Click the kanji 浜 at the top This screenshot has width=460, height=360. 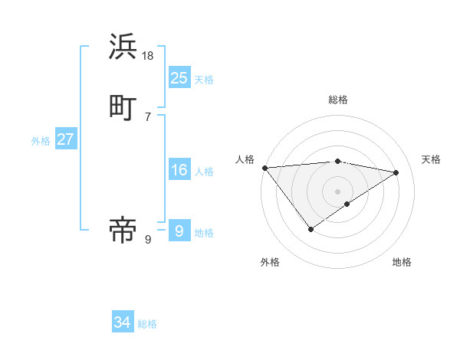click(123, 47)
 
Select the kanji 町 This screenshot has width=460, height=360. click(123, 108)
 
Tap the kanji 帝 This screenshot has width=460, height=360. click(123, 230)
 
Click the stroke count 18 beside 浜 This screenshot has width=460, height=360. click(148, 57)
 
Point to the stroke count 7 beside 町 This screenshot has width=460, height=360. click(147, 117)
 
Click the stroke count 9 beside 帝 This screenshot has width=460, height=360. click(147, 240)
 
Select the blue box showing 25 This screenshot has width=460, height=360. click(179, 77)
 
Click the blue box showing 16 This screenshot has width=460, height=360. click(179, 170)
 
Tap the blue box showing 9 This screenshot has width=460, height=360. click(179, 230)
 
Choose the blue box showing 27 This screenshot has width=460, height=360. click(65, 139)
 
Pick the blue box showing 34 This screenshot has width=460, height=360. click(122, 322)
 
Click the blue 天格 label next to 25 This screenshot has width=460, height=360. click(204, 79)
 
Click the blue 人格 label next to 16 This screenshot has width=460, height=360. click(204, 172)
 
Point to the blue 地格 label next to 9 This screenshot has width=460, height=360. click(204, 232)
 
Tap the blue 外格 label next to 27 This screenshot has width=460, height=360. click(41, 141)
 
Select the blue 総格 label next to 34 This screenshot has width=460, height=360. click(147, 324)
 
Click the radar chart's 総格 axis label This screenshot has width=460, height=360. click(338, 100)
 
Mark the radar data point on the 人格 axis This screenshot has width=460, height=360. click(264, 168)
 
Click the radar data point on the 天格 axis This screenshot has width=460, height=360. click(396, 172)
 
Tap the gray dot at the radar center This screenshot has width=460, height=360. click(338, 191)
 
